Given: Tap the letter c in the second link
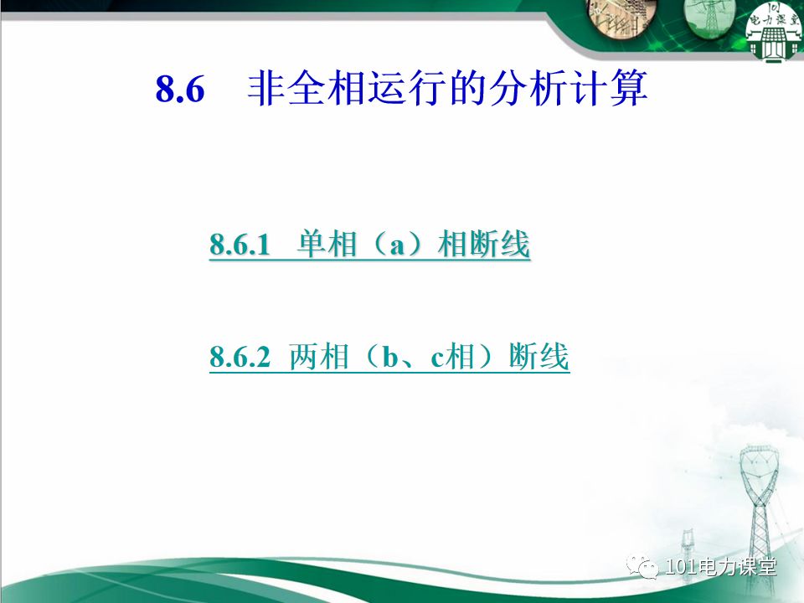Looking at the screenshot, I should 436,360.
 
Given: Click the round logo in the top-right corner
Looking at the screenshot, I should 773,32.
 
